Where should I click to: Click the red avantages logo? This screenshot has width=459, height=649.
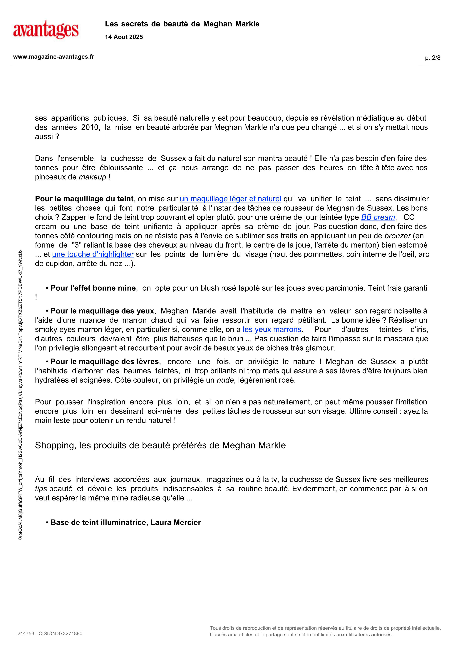point(46,30)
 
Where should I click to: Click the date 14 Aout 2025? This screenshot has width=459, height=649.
point(124,37)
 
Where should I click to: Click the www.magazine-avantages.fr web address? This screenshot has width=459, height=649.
point(54,57)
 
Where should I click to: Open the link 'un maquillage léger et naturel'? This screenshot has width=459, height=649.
point(230,199)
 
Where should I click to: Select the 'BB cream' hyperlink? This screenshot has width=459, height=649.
point(378,217)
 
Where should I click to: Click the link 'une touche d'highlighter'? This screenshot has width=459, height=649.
point(93,254)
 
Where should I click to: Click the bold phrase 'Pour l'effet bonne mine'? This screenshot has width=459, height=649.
point(93,288)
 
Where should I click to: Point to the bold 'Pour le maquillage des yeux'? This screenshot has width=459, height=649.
point(102,311)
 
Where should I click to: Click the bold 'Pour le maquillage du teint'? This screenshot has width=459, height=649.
point(84,199)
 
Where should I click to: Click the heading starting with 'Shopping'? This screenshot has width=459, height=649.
point(160,445)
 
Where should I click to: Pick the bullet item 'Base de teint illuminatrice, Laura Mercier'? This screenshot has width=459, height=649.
point(125,522)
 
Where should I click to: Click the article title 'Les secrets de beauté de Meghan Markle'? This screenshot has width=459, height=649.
point(182,24)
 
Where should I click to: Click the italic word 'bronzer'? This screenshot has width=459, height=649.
point(397,236)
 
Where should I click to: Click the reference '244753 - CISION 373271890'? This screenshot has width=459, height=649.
point(50,633)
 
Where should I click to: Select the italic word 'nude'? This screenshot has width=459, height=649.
point(225,380)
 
